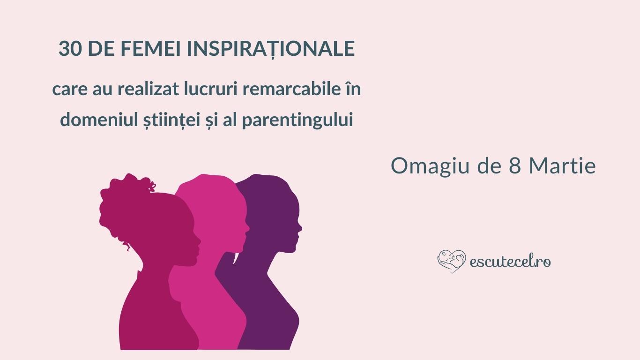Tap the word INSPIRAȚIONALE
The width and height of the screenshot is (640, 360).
click(x=271, y=49)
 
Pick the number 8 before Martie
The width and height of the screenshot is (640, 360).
click(x=514, y=166)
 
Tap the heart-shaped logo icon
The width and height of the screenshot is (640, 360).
click(x=452, y=261)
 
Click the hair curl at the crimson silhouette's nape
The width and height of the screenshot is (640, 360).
click(x=127, y=247)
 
